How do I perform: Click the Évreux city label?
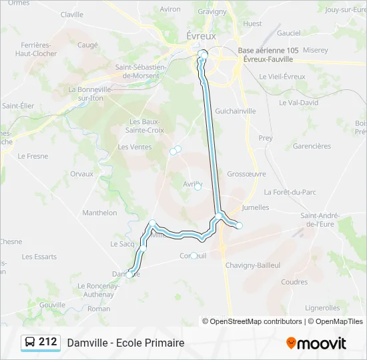click(200, 36)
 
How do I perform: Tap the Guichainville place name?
click(234, 111)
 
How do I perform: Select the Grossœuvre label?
click(246, 173)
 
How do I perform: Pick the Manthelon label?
click(99, 213)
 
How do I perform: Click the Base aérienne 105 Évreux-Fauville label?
click(268, 55)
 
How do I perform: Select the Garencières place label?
click(312, 146)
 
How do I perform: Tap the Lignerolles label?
click(322, 308)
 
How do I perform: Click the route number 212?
click(47, 342)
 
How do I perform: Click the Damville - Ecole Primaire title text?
click(125, 343)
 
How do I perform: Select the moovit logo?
click(316, 343)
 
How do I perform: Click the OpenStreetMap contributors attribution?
click(252, 321)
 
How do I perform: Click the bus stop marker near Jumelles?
click(239, 225)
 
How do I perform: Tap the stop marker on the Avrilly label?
click(198, 187)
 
